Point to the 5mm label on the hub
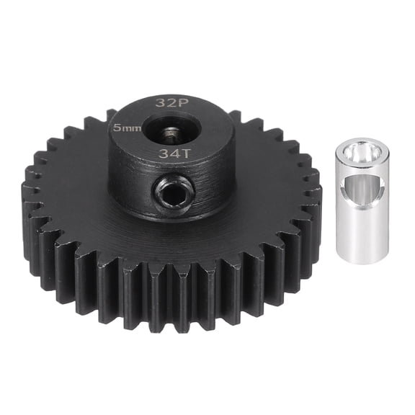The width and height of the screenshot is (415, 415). [x=128, y=127]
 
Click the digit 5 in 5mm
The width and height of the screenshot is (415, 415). [x=118, y=127]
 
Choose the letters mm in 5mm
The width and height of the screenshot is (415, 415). [x=132, y=128]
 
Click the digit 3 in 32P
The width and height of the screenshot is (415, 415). [x=159, y=102]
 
